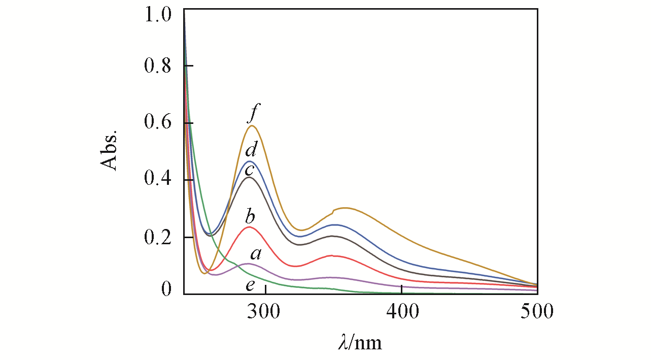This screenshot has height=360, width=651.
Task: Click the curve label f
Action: [253, 116]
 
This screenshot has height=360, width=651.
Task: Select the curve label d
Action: [251, 150]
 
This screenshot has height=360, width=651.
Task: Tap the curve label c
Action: [250, 170]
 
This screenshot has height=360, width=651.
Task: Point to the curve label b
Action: [250, 217]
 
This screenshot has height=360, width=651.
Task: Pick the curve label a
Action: [256, 253]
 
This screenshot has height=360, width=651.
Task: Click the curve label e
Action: [250, 285]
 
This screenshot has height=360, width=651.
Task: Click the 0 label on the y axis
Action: [166, 290]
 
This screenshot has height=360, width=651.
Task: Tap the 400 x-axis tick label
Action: [401, 311]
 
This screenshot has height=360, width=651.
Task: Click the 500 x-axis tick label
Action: [537, 311]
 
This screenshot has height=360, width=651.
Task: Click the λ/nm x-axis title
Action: [360, 343]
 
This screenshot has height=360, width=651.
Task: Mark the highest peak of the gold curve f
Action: [251, 125]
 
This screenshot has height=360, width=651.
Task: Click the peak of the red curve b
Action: [249, 227]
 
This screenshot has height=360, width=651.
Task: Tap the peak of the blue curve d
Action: [250, 161]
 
